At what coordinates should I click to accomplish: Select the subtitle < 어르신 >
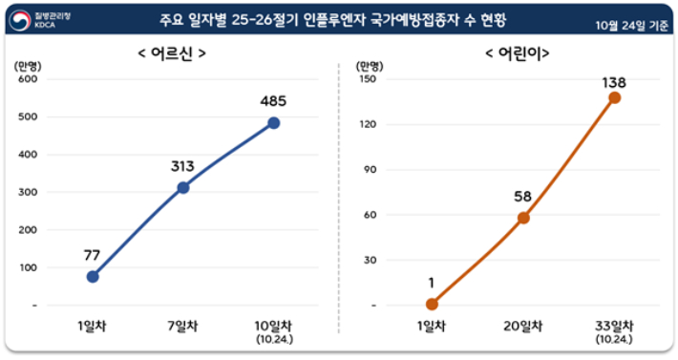173,53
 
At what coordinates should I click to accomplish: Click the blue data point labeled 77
93,277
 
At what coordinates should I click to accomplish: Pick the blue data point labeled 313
183,187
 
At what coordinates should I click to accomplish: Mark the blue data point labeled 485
274,123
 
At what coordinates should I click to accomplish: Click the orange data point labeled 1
432,305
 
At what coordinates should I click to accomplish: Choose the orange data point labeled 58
523,218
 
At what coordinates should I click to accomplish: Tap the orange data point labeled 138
614,97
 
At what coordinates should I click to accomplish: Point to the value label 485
274,100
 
